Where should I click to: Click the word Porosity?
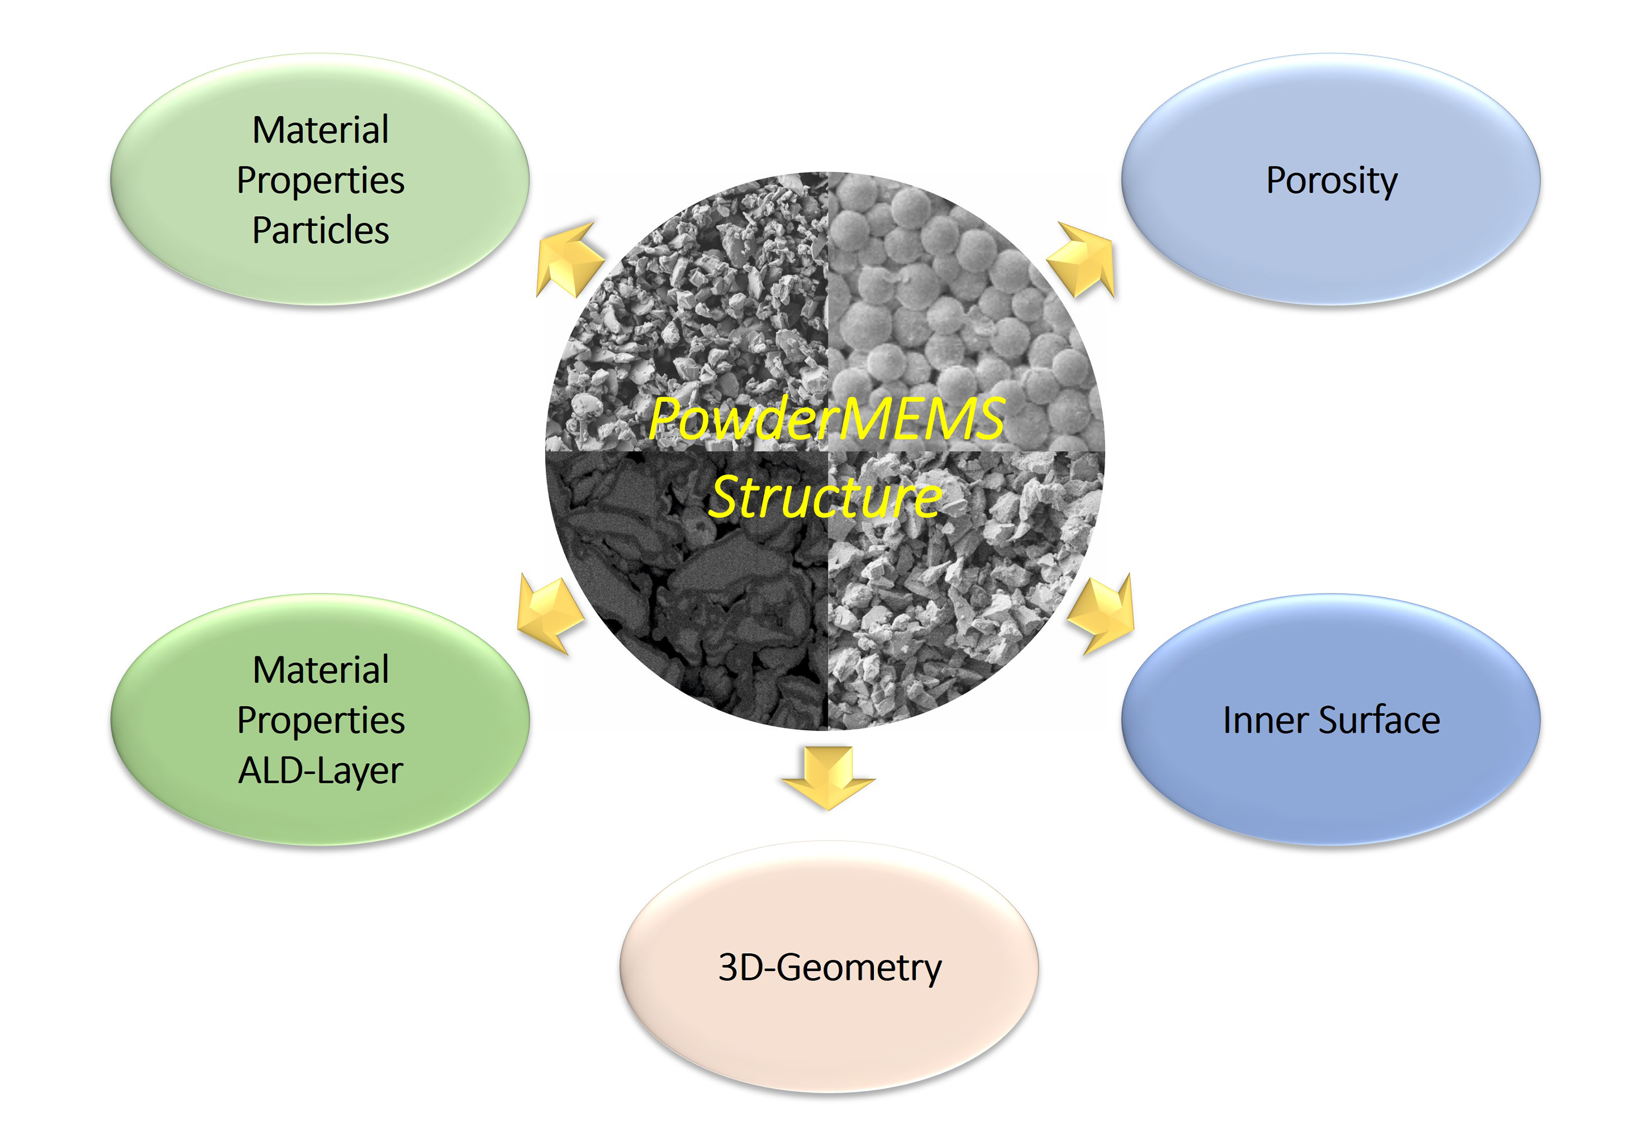[x=1331, y=180]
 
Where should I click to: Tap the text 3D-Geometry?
[x=829, y=968]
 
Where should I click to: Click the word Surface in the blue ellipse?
[x=1379, y=720]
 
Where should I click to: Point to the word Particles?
[x=320, y=230]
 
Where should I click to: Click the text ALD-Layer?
[x=320, y=772]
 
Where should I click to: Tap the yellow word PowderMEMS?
[x=826, y=418]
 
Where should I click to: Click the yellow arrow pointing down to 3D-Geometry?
[x=829, y=777]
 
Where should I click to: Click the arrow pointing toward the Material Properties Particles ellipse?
[x=570, y=259]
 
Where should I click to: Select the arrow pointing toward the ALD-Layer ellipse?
[x=550, y=614]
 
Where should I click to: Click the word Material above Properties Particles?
[x=320, y=130]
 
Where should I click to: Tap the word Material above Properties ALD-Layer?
[x=320, y=670]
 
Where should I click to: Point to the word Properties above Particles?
[x=320, y=180]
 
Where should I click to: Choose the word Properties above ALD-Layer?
[x=320, y=721]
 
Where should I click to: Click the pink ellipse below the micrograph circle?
[x=829, y=968]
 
